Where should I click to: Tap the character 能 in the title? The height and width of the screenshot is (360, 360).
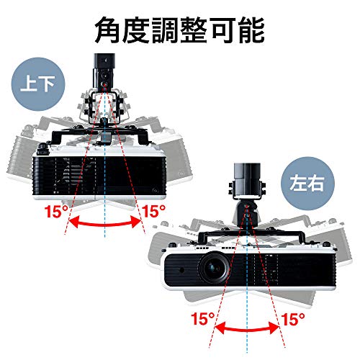(x=251, y=30)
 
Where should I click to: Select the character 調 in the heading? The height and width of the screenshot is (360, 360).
(x=166, y=30)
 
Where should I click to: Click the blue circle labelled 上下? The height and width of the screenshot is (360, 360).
(x=38, y=84)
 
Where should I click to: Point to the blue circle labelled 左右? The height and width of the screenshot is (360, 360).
(x=307, y=184)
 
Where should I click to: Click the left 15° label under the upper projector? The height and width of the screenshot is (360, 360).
(x=56, y=211)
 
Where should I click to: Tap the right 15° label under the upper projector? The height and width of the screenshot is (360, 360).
(x=153, y=211)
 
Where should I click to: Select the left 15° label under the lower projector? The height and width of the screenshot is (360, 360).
(x=203, y=318)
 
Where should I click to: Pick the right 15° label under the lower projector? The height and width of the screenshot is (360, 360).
(x=293, y=319)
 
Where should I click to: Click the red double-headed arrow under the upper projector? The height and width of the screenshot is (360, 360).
(x=105, y=224)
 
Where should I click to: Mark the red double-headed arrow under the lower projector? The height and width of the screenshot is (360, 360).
(x=247, y=329)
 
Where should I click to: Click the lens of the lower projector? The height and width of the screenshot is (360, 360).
(x=214, y=267)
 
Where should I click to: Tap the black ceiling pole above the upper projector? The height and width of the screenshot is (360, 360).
(x=104, y=71)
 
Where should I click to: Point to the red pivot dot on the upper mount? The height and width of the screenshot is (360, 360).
(x=105, y=84)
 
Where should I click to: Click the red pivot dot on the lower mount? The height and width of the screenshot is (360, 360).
(x=246, y=207)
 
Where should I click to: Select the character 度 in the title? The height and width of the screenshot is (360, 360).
(x=137, y=30)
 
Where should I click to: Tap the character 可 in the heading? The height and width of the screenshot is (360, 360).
(x=222, y=30)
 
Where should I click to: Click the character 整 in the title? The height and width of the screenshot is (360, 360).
(x=194, y=30)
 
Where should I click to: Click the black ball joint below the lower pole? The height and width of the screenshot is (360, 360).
(x=247, y=214)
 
